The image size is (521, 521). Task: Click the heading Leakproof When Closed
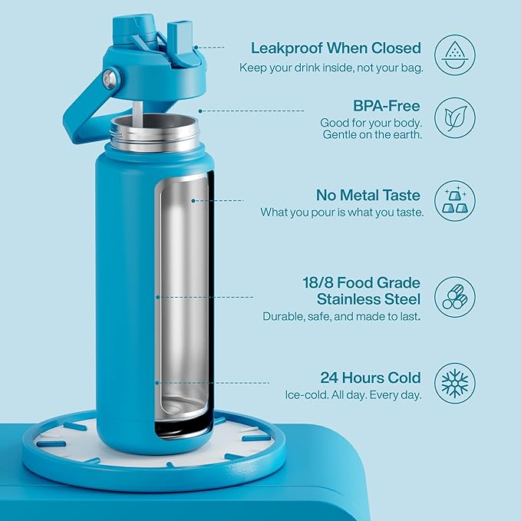point(335,48)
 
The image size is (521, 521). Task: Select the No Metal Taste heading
point(368,195)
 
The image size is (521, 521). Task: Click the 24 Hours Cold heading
point(371,378)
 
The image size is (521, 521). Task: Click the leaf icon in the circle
point(454,117)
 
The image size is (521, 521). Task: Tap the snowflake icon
point(454,384)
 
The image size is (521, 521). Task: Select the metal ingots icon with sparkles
point(454,201)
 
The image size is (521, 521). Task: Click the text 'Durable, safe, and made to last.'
point(341,315)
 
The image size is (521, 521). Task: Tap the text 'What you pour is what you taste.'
point(341,213)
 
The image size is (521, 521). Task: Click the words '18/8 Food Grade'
point(361,282)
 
